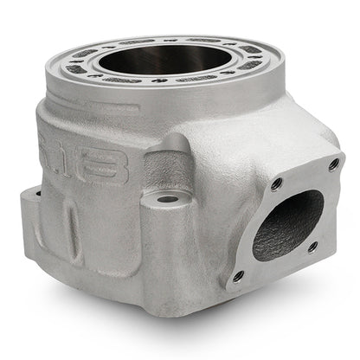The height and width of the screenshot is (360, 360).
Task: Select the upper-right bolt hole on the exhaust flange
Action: click(x=333, y=164)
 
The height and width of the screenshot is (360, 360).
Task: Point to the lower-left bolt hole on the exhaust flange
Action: click(x=240, y=277)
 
